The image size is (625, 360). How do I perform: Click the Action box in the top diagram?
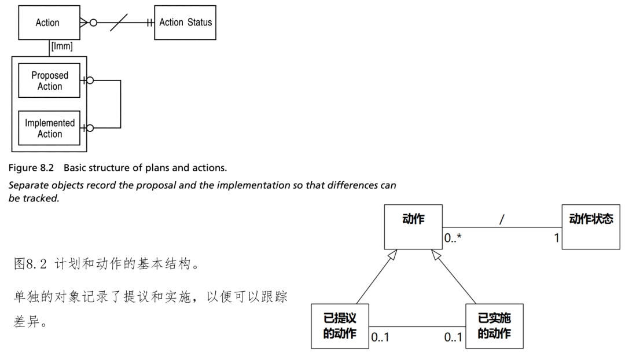coord(47,23)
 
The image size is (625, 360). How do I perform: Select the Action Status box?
coord(185,23)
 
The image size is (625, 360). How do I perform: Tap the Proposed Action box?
coord(50,80)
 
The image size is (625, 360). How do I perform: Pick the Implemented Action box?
coord(50,128)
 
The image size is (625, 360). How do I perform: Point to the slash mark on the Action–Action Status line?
coord(119,23)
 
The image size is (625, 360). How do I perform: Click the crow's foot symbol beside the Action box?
coord(85,23)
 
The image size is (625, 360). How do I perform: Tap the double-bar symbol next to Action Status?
coord(150,23)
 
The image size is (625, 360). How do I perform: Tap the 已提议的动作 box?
coord(340,326)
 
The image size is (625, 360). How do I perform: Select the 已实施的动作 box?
coord(494,326)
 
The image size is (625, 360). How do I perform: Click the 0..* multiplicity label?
coord(453,237)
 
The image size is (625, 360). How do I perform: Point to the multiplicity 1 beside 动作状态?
coord(557,237)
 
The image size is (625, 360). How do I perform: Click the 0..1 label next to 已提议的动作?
coord(380,337)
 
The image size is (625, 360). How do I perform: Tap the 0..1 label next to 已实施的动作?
coord(454,337)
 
